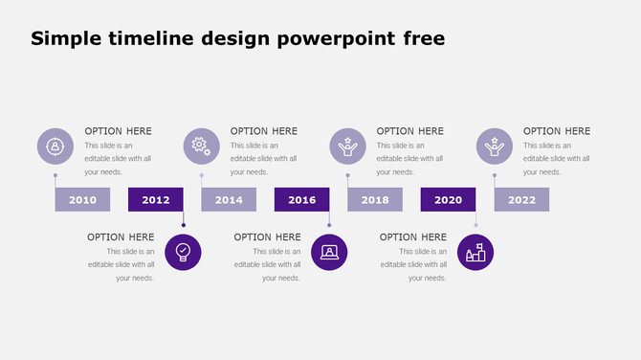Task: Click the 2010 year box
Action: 82,199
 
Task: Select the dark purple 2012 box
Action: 156,199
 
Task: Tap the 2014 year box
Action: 229,199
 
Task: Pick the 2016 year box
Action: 301,199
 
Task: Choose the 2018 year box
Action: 375,199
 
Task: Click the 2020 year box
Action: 448,199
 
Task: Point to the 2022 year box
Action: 521,199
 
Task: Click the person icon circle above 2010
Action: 55,146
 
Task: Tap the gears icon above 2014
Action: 201,146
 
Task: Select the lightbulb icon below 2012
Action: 183,252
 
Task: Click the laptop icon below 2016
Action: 329,252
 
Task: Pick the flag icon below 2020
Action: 475,252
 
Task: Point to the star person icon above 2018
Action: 348,146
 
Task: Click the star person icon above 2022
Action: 495,146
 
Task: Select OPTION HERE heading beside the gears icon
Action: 264,131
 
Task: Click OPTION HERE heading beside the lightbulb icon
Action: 121,236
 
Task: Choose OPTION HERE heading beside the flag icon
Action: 413,236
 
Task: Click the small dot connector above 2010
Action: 55,175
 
